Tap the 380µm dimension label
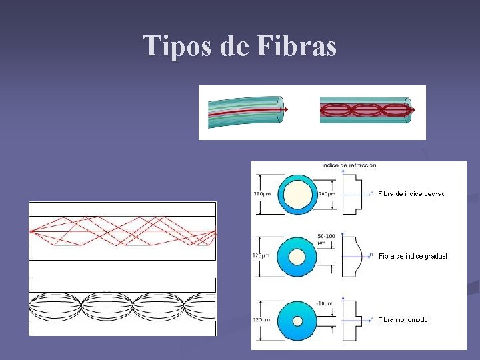(x=262, y=194)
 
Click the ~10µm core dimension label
(x=325, y=303)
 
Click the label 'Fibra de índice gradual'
(x=413, y=256)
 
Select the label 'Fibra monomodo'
(x=403, y=320)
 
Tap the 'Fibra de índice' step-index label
(x=412, y=194)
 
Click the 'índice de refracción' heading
(x=349, y=165)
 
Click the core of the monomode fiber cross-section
(x=298, y=321)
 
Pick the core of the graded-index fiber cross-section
(x=298, y=257)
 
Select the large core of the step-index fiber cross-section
(x=298, y=194)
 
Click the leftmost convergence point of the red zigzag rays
(x=32, y=231)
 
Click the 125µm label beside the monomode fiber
(x=261, y=320)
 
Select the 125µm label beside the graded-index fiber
(x=261, y=256)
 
